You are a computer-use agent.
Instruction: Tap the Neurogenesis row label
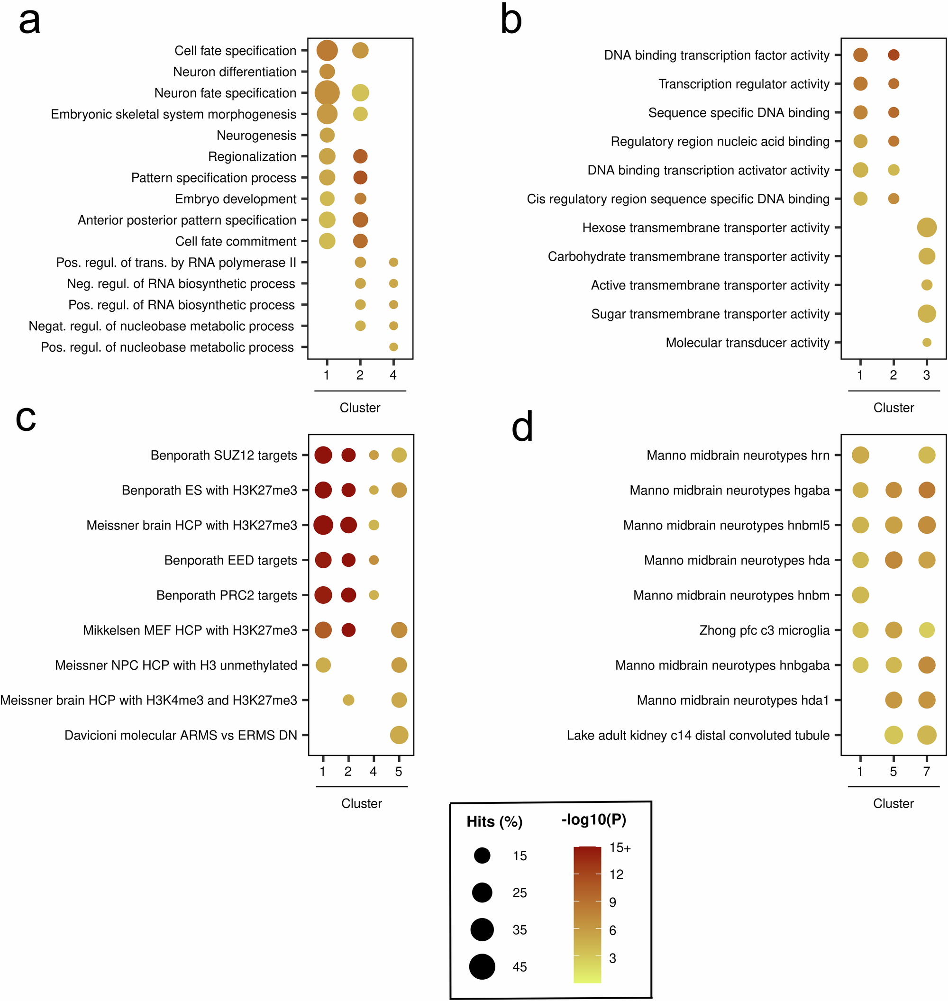256,136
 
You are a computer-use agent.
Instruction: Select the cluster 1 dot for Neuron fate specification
327,93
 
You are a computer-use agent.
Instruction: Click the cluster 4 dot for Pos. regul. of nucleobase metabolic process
393,347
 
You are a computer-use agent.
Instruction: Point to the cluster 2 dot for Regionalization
360,156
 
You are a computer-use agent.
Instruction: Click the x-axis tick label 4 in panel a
393,375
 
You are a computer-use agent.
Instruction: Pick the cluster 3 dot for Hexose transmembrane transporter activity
926,228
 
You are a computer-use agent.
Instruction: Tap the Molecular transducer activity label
747,343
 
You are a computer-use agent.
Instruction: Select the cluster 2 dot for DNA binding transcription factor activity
893,55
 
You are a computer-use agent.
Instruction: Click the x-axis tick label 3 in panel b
926,375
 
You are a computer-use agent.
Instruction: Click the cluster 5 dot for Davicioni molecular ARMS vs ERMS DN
399,735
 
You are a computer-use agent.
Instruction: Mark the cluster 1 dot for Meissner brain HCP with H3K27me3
323,525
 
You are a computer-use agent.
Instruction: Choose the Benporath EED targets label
230,560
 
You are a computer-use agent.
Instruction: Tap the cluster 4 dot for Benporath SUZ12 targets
374,455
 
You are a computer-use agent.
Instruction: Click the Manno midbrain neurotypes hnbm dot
860,595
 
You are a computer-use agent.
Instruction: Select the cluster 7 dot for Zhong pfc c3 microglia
926,630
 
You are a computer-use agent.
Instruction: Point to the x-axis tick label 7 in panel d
926,772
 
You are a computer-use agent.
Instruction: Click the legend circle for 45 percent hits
482,967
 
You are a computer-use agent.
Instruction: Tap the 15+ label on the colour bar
620,848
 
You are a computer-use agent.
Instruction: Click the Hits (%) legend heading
494,822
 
